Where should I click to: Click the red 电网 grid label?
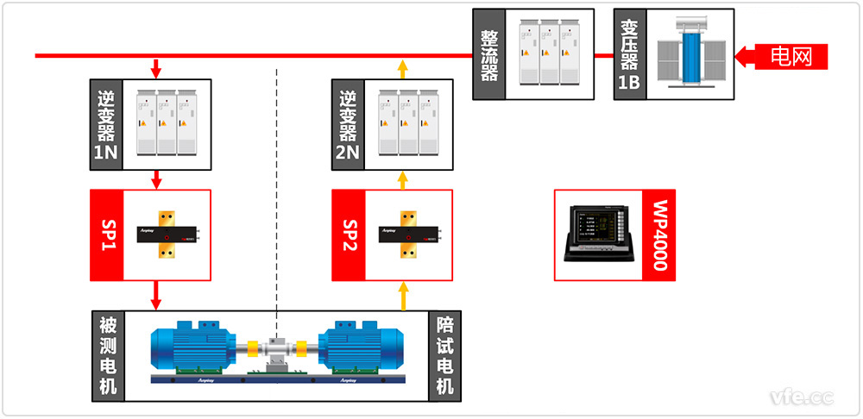pos(791,57)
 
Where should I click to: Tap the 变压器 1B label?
pos(627,55)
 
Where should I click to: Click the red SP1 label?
pos(107,235)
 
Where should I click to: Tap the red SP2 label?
pos(349,235)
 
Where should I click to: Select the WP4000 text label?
pos(659,235)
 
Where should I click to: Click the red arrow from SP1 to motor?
pos(156,295)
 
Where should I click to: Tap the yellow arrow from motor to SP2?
pos(402,295)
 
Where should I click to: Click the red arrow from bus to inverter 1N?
pos(156,67)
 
